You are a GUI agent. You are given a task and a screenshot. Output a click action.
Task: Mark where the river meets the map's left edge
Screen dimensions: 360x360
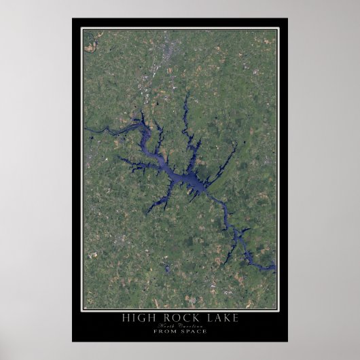click(x=84, y=128)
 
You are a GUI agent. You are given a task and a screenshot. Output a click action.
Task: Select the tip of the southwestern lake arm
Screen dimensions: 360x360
click(x=147, y=212)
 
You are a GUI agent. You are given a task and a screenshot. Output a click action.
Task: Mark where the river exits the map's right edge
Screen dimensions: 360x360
click(x=275, y=269)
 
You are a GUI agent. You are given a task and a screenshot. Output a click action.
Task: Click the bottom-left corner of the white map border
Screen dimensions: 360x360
click(x=82, y=310)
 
